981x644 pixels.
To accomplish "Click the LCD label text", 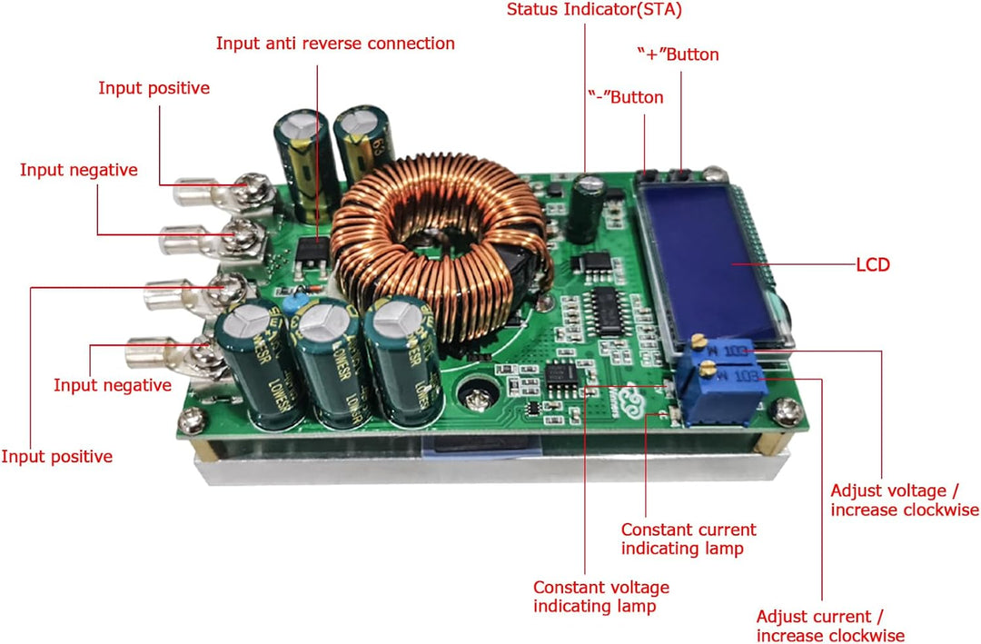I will [872, 265].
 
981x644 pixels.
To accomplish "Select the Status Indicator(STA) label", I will [594, 11].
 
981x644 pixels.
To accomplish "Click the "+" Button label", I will [677, 54].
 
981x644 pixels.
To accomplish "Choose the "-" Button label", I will [624, 97].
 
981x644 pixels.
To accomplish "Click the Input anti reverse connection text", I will [335, 43].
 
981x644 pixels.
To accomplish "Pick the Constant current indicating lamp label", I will [688, 539].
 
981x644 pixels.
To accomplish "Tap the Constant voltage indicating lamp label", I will [600, 597].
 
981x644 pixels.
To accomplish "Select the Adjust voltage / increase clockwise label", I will [904, 500].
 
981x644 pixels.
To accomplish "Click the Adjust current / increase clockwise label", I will [829, 626].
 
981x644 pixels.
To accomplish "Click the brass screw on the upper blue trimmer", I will [699, 342].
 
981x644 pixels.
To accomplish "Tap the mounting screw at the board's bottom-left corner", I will [191, 421].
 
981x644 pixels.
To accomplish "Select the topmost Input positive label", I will [154, 88].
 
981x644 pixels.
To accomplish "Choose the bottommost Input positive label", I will [56, 456].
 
